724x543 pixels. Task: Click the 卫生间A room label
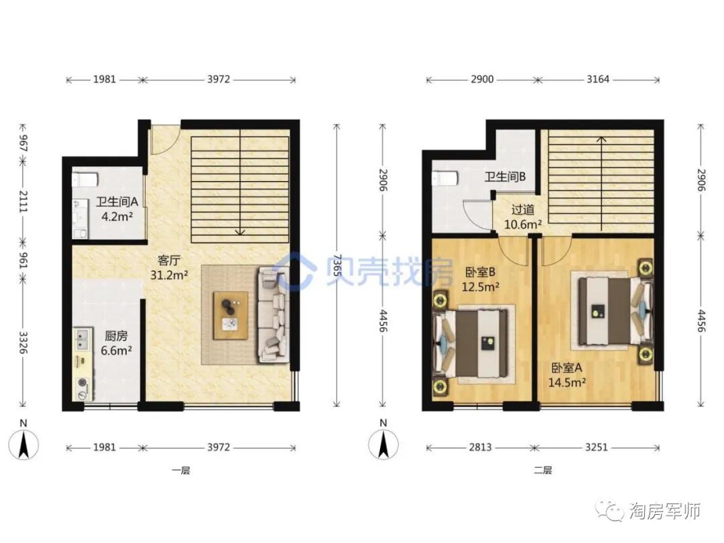point(117,202)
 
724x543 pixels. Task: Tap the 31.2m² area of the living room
point(169,276)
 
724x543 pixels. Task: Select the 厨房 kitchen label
point(116,336)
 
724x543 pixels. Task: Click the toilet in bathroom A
point(85,180)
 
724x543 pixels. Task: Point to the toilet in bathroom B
point(445,178)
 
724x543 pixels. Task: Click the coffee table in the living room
point(231,315)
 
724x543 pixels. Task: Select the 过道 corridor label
point(523,210)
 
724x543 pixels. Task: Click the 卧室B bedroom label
point(480,272)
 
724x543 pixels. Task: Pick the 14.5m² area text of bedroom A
point(567,382)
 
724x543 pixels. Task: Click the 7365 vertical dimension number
point(337,265)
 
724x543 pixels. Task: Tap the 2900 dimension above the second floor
point(482,79)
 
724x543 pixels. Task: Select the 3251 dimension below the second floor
point(596,447)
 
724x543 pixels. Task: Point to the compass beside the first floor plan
point(23,444)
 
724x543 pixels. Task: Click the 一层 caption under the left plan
point(181,471)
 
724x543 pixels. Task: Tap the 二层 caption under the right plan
point(543,471)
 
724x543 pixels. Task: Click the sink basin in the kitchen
point(82,339)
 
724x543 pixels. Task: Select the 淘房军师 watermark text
point(665,511)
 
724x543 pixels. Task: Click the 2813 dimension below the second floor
point(480,447)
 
